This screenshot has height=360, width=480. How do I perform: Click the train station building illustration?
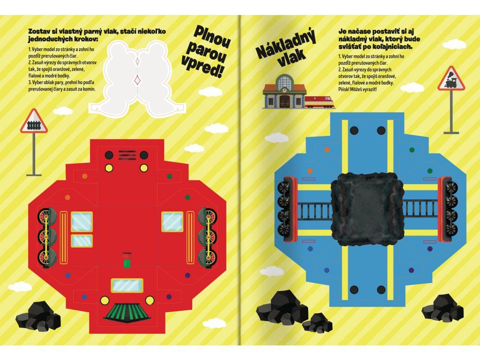285,91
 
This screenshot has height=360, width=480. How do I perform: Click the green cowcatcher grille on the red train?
127,313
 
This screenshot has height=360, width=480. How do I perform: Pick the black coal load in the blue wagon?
367,210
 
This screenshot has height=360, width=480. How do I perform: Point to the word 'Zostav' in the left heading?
38,31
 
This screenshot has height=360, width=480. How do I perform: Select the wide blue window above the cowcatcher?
127,285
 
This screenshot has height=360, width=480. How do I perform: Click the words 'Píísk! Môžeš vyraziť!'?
357,90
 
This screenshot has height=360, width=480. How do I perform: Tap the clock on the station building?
285,90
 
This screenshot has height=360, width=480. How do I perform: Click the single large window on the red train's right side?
172,222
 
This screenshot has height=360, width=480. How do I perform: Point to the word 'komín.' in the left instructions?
89,89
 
